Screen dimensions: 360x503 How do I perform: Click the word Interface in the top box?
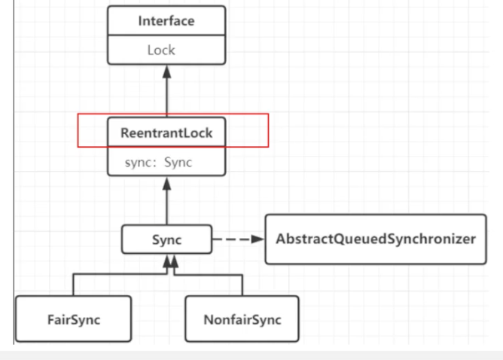pos(166,21)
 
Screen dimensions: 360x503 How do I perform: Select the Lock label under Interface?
pos(161,50)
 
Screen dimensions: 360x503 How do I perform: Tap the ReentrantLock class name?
pos(166,133)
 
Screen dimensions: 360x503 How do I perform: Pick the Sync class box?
pos(166,240)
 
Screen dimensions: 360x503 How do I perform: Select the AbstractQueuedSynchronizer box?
pos(376,239)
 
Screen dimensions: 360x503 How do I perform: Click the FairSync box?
pos(73,319)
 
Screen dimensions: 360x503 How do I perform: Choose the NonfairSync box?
pos(242,319)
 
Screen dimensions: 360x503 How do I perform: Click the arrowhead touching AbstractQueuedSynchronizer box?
pos(258,240)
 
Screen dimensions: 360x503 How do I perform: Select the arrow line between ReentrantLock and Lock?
pos(166,94)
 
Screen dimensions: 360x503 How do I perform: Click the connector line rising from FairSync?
pos(73,285)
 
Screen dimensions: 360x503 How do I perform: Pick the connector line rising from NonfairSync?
pos(242,285)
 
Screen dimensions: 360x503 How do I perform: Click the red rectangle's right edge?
pos(268,130)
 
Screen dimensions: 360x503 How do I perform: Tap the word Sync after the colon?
pos(178,162)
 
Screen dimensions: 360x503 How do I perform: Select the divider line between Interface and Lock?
pos(166,36)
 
